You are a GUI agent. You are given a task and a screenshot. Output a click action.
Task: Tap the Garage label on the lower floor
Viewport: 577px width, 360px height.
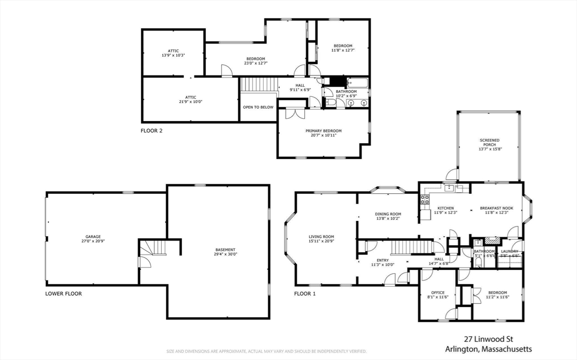coord(93,237)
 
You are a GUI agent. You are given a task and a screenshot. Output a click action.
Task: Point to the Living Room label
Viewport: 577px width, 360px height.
coord(321,237)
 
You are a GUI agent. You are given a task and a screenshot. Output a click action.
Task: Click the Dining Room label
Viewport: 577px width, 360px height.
coord(388,214)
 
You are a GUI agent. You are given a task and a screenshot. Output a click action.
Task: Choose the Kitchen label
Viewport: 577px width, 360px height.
coord(445,208)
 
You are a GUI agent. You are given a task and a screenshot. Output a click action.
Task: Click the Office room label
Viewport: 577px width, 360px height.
coord(438,292)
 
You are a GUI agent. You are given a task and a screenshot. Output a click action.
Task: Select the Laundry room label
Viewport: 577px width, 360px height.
coord(510,251)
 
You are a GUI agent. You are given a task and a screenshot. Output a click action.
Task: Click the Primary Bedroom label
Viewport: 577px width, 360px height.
coord(323,131)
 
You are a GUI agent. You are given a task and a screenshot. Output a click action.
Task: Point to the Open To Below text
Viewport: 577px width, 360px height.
coord(258,107)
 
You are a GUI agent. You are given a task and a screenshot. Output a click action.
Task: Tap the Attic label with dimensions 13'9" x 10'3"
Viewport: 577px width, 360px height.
coord(173,51)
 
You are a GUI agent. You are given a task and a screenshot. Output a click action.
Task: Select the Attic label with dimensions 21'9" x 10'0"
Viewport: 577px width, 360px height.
coord(190,97)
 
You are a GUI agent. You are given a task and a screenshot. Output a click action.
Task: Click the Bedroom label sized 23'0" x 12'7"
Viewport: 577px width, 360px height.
coord(255,59)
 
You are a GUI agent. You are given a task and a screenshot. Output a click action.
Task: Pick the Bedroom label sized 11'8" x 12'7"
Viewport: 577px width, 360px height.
coord(343,46)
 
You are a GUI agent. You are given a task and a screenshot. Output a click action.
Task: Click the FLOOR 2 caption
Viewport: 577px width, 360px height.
coord(152,131)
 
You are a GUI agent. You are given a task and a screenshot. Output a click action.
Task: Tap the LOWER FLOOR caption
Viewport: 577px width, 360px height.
coord(64,294)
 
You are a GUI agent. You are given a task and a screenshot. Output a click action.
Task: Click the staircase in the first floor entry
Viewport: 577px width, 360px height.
coord(411,246)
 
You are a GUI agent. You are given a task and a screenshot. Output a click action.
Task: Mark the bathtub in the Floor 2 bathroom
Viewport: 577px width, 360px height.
coord(357,83)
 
